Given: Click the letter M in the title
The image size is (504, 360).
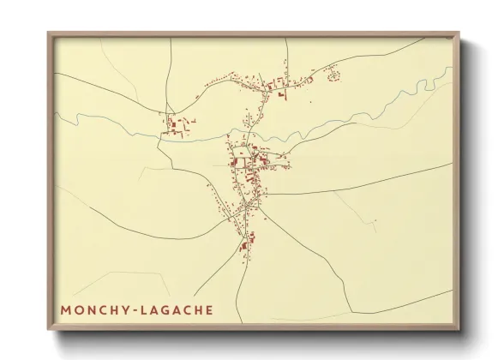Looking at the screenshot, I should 67,309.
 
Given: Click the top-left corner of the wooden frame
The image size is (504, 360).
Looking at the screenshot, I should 48,33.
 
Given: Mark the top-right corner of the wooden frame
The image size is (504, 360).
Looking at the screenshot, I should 459,33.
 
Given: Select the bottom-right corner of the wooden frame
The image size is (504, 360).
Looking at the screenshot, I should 459,329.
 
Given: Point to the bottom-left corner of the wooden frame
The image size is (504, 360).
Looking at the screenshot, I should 48,329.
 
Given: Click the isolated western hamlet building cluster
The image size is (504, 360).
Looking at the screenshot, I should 179,125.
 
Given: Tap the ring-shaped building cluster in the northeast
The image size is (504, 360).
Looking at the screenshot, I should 333,75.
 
